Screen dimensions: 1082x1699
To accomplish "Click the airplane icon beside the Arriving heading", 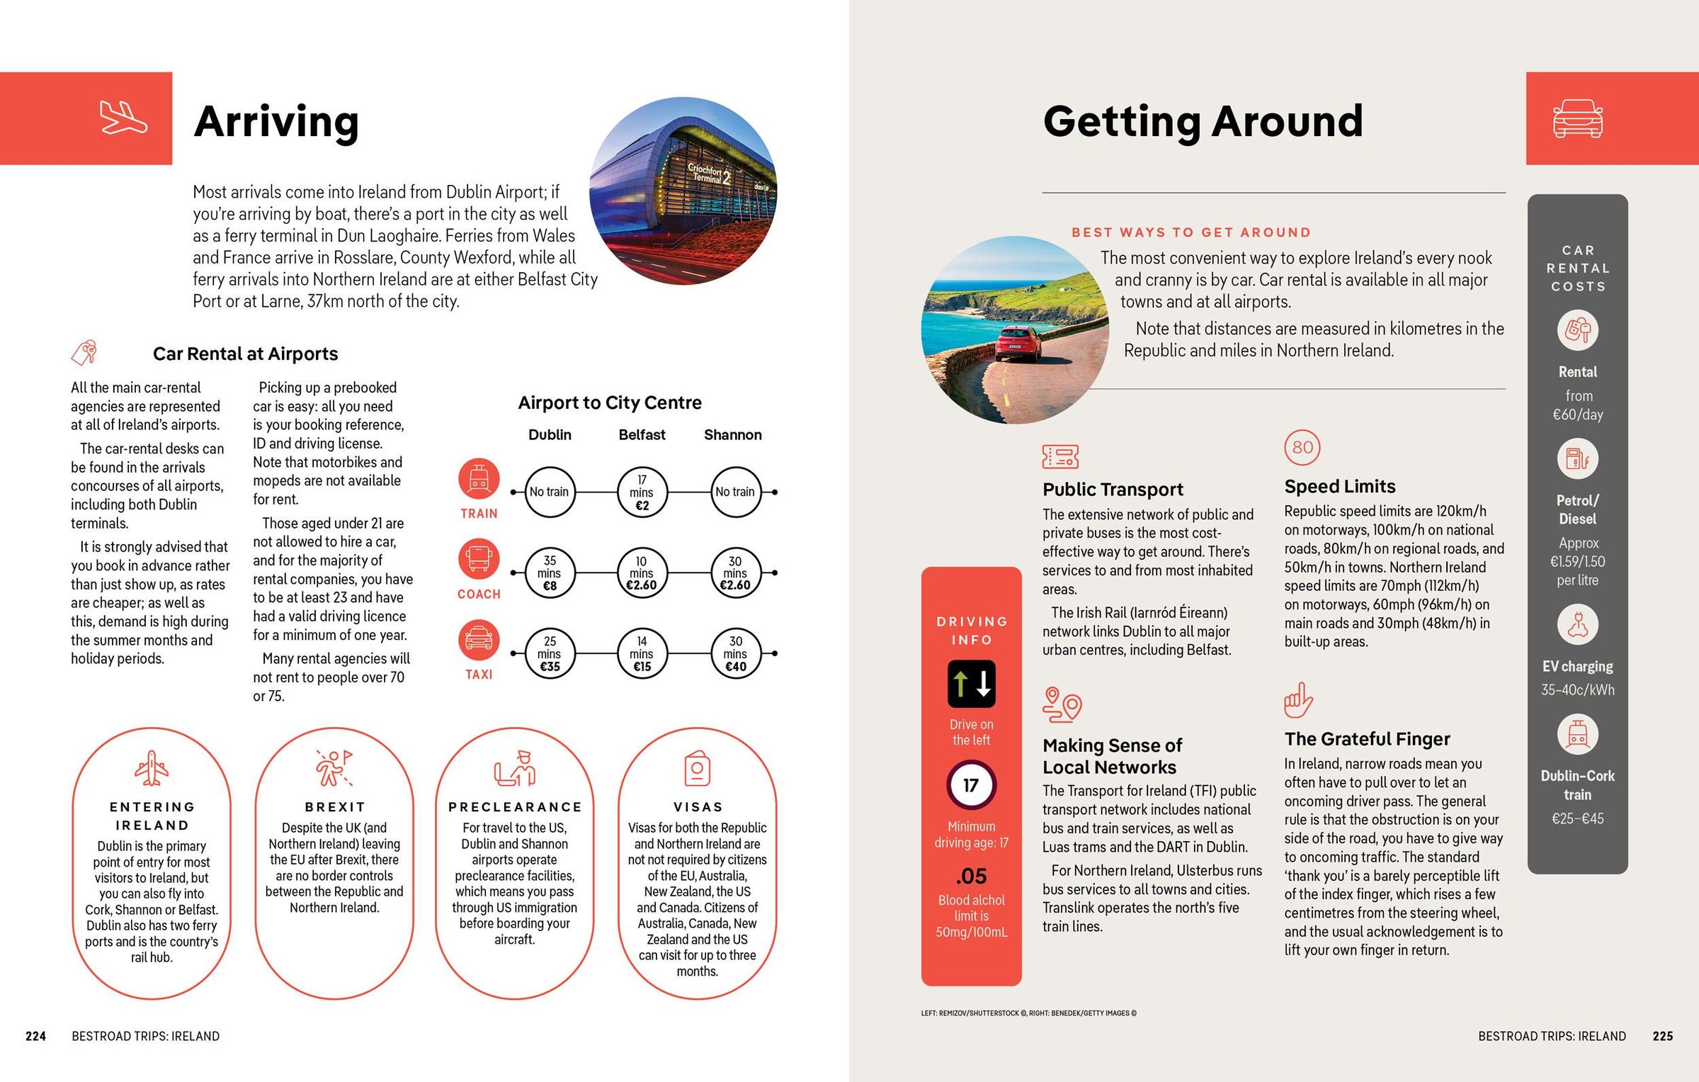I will [x=123, y=118].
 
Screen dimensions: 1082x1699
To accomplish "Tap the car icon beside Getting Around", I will [x=1577, y=118].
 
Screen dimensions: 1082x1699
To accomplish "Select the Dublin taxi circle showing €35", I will [x=550, y=653].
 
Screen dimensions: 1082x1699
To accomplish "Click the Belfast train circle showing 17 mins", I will [x=642, y=492].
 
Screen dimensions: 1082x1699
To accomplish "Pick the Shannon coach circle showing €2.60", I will [x=735, y=573].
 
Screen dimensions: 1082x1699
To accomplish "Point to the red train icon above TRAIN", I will [x=479, y=478].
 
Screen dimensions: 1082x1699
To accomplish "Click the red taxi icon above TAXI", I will [x=479, y=639].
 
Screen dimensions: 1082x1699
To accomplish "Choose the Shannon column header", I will [x=732, y=434].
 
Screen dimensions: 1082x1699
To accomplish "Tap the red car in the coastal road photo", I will [x=1018, y=342].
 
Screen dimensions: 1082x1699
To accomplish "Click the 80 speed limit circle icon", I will [x=1302, y=447].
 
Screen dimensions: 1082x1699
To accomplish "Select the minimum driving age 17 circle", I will [x=971, y=785].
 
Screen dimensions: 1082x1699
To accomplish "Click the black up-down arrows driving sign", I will [x=971, y=684].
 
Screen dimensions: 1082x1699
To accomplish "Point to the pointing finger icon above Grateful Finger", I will [x=1297, y=700].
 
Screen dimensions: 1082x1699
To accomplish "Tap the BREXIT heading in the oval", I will [x=335, y=806].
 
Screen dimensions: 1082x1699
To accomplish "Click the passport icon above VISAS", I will [x=698, y=769].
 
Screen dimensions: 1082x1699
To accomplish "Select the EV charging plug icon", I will [x=1577, y=625].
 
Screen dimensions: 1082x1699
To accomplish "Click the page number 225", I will [x=1662, y=1036].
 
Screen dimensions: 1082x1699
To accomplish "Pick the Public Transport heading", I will [x=1113, y=489].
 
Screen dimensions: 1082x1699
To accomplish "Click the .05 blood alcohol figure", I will [x=971, y=877].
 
